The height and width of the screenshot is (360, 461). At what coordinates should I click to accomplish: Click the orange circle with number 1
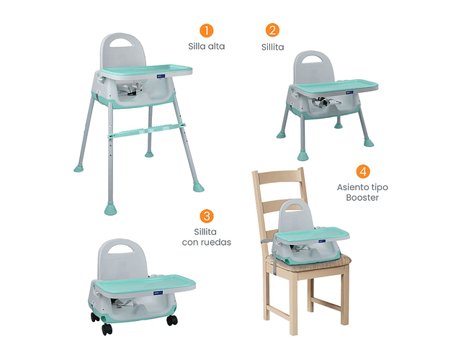(x=207, y=30)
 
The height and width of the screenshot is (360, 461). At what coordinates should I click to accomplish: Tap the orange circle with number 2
(x=272, y=30)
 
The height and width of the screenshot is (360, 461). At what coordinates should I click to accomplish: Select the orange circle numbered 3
(x=207, y=216)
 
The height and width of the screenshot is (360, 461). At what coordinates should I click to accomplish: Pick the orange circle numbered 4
(x=363, y=171)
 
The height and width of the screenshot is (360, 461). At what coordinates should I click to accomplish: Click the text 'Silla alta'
(x=207, y=46)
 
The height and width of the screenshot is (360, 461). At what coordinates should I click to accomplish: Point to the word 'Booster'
(x=362, y=197)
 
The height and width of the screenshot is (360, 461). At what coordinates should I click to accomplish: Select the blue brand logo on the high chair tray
(x=161, y=76)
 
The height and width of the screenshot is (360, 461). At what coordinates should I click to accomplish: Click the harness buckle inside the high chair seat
(x=131, y=89)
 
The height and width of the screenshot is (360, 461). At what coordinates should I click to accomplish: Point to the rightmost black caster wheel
(x=172, y=320)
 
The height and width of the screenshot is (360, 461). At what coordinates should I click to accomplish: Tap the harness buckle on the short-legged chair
(x=323, y=102)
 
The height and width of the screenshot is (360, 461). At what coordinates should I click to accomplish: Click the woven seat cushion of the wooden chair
(x=309, y=263)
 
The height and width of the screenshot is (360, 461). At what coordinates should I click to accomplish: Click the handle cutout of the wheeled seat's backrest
(x=121, y=249)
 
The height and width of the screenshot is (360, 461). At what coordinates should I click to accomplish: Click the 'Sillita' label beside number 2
(x=272, y=48)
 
